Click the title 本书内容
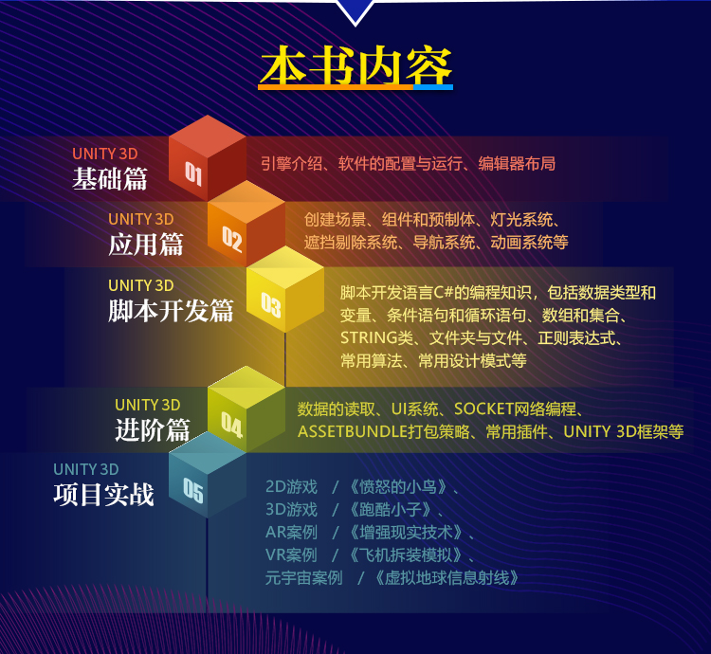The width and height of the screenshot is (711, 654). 355,66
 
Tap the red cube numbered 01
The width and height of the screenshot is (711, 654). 208,157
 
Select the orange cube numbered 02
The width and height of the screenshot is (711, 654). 246,224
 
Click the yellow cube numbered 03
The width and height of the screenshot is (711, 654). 285,289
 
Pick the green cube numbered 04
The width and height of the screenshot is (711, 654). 246,409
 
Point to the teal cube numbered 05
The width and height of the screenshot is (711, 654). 208,475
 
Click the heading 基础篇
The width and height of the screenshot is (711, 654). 110,178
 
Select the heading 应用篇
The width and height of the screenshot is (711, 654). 146,245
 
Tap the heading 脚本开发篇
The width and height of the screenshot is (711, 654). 171,311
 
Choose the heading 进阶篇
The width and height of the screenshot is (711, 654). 153,429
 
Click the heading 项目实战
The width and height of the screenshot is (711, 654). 104,495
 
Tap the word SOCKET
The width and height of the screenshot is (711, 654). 483,409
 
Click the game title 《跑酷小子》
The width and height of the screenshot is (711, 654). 390,509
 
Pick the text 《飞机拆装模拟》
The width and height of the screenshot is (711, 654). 406,554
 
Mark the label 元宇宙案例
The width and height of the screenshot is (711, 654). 303,578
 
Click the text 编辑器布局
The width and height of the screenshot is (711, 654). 517,164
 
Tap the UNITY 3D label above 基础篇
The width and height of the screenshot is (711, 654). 105,154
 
